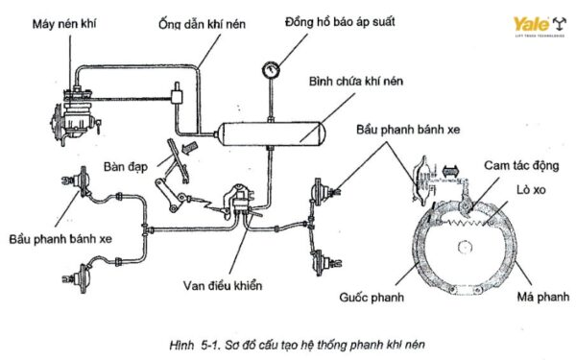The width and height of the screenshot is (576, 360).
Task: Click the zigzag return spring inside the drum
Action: [x=469, y=224]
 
